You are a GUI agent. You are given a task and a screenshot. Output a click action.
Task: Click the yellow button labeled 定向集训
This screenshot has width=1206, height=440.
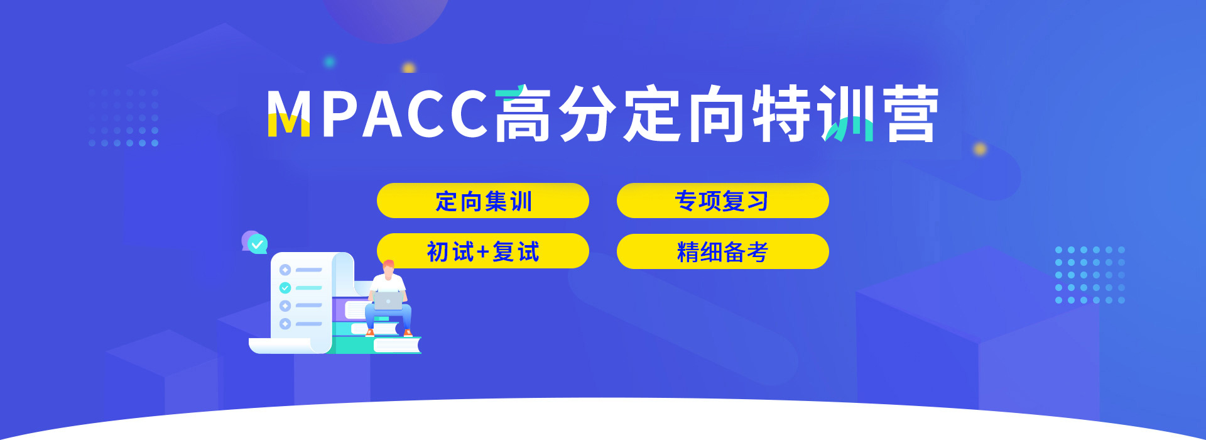[482, 201]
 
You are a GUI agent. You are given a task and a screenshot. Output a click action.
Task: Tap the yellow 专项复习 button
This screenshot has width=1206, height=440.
[722, 201]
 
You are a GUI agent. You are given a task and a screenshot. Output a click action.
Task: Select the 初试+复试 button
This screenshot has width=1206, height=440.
[482, 251]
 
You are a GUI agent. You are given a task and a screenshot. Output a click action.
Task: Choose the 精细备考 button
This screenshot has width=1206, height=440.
[722, 251]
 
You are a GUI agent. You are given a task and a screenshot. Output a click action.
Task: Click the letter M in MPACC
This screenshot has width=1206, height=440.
[288, 113]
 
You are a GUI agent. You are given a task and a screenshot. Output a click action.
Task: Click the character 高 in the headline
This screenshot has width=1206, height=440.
[523, 114]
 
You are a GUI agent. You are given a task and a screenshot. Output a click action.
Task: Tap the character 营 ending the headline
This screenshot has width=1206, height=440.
[911, 114]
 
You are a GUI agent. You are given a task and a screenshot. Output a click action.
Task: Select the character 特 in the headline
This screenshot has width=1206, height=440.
[782, 114]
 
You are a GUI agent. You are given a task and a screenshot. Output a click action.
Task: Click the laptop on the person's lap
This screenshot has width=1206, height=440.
[388, 300]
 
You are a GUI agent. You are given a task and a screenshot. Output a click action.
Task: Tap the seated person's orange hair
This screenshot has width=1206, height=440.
[389, 264]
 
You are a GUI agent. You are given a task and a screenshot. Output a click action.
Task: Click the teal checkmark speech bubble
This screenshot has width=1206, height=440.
[258, 244]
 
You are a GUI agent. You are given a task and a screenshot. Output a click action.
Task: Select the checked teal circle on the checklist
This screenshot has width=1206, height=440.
[285, 288]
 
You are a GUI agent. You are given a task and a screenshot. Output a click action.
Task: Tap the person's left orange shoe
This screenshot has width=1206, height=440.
[370, 333]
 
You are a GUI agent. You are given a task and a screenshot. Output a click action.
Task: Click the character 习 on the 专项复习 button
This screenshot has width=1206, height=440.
[758, 201]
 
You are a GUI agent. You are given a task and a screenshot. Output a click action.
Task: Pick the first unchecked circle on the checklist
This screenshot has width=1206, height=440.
[285, 270]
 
